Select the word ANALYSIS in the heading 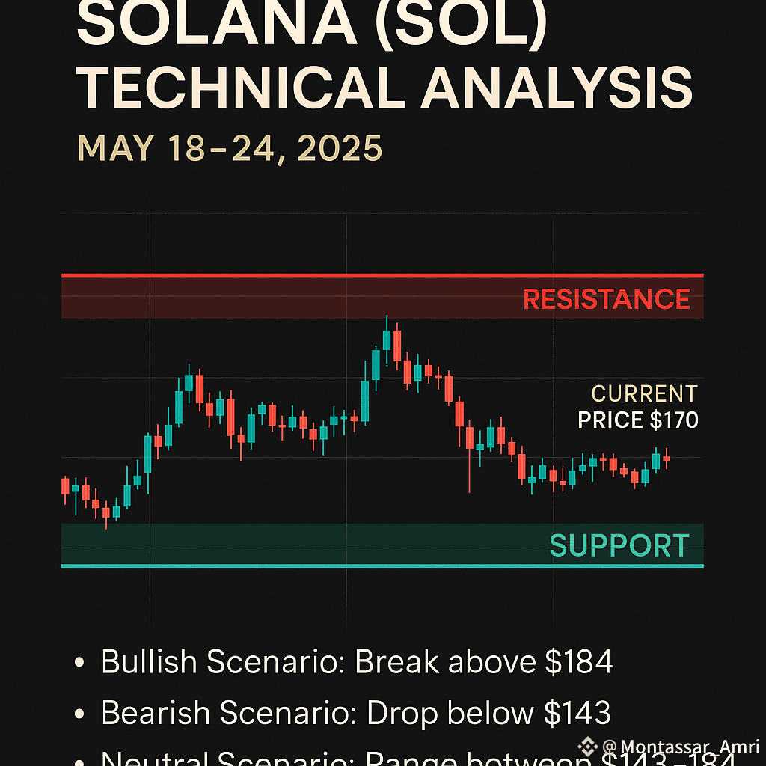click(557, 88)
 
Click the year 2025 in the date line click(340, 149)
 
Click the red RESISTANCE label click(606, 299)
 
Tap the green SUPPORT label click(619, 545)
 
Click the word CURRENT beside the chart click(644, 393)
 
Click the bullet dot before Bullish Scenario click(79, 664)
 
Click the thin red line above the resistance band click(382, 275)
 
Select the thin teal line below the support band click(382, 566)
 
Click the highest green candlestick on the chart click(387, 339)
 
